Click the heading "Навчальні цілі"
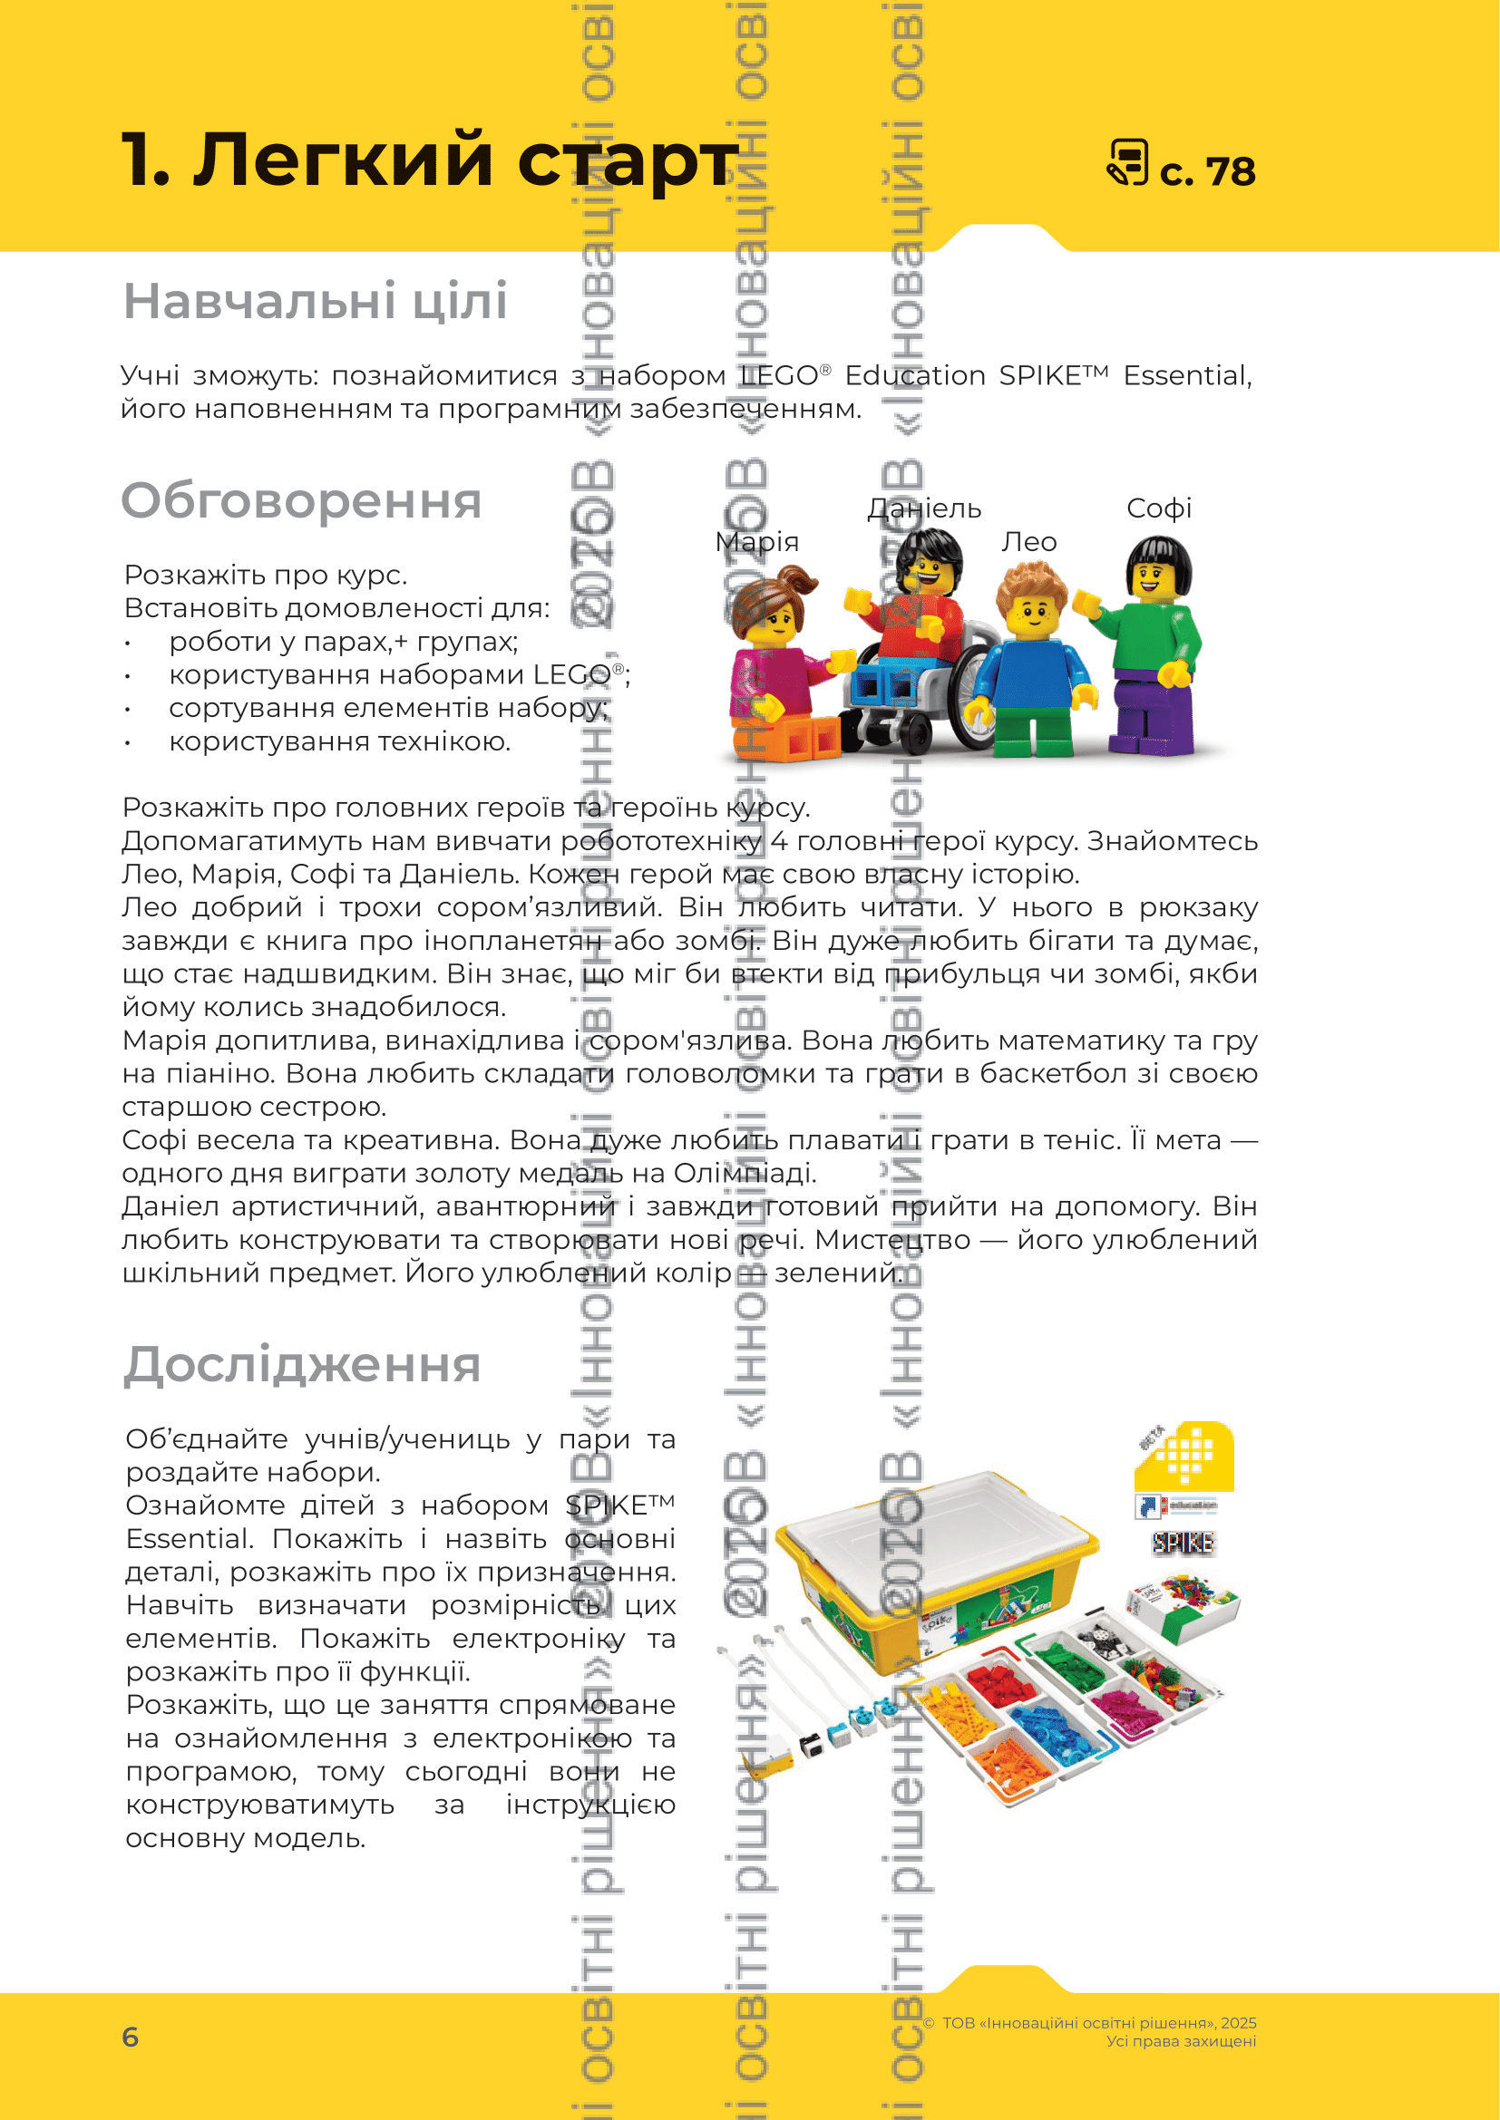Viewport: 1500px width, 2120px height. click(315, 301)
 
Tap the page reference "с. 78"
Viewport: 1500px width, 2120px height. click(1207, 171)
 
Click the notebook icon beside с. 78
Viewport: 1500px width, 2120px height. click(1127, 163)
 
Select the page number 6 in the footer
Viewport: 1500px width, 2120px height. click(131, 2036)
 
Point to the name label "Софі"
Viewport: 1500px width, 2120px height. click(1158, 508)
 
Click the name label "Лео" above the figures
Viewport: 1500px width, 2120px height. click(1029, 542)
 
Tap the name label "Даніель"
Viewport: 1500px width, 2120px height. click(923, 508)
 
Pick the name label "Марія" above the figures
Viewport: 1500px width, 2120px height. click(756, 542)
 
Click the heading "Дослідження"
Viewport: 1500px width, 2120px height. click(302, 1365)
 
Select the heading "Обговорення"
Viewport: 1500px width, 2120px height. click(301, 501)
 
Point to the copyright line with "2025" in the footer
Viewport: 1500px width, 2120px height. click(1098, 2023)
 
